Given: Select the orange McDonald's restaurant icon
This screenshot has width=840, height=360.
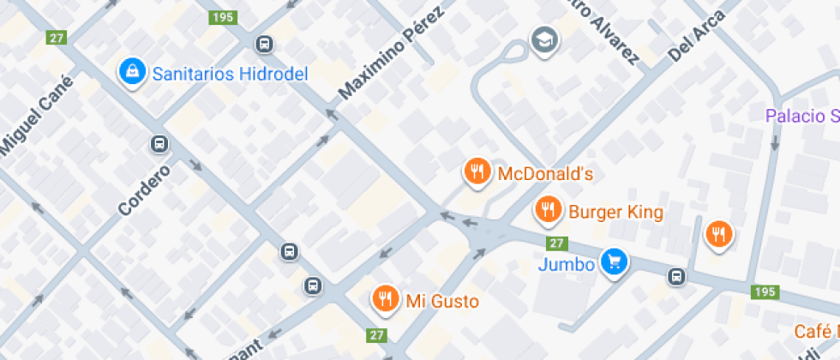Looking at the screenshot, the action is tap(477, 172).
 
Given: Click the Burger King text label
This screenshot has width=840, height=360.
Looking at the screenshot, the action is tap(615, 210).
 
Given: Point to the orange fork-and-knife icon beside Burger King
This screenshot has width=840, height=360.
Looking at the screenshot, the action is tap(548, 209).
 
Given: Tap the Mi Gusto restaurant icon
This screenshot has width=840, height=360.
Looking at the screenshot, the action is tap(385, 299).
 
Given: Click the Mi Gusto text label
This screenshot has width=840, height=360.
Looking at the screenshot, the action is tap(442, 301).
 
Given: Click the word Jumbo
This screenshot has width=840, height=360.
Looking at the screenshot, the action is tap(567, 264).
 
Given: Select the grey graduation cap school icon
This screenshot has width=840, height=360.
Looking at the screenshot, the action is tap(543, 39).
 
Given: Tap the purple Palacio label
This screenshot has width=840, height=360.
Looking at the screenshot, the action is tap(802, 116).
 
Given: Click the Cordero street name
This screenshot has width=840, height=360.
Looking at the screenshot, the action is tap(144, 189).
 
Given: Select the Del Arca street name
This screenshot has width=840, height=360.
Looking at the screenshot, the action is tap(696, 35).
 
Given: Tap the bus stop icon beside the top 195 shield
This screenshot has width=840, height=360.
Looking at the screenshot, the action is tap(265, 44).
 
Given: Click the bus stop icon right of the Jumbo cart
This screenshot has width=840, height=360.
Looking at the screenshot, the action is tap(677, 276).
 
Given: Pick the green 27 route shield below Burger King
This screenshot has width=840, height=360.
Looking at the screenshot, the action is tap(558, 243).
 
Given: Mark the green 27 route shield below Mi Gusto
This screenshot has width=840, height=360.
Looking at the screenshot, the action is tap(376, 334).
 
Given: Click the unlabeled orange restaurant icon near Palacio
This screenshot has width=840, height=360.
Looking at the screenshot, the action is tap(718, 234).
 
